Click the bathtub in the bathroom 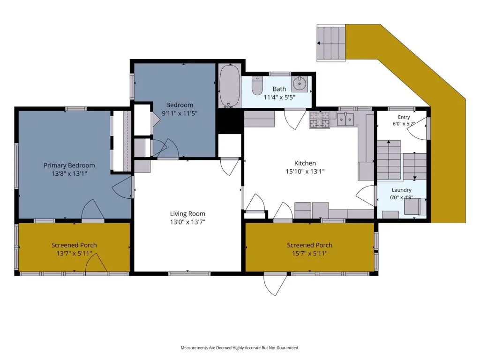click(x=230, y=85)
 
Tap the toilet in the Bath click(x=257, y=86)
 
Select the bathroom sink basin click(x=299, y=83)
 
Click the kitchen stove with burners click(x=319, y=120)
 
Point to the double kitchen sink click(x=345, y=119)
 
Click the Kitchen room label click(x=305, y=163)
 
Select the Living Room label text click(x=187, y=214)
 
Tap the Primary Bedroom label click(x=69, y=165)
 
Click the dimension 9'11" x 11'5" click(x=180, y=113)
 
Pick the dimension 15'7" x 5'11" click(x=309, y=254)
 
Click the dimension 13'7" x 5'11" click(x=74, y=254)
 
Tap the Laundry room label click(x=401, y=190)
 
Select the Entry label click(x=404, y=117)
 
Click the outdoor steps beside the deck click(x=331, y=43)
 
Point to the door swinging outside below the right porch click(x=275, y=285)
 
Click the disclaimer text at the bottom click(x=240, y=348)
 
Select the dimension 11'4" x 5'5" click(x=279, y=97)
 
